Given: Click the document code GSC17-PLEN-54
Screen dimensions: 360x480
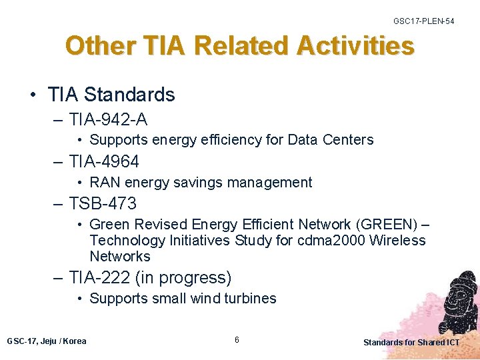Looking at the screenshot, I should (x=423, y=21).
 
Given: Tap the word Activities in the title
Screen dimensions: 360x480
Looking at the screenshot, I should (x=355, y=46).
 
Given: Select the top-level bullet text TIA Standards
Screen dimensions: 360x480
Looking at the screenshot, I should (x=111, y=95).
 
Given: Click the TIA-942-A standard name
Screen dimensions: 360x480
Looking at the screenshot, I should (x=108, y=119).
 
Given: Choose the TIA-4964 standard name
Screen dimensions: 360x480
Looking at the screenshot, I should (x=104, y=161).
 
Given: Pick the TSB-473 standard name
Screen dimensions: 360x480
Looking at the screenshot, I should (x=103, y=203).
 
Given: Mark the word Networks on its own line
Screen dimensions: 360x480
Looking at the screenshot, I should (x=120, y=257).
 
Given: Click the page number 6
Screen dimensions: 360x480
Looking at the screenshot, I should (x=237, y=341).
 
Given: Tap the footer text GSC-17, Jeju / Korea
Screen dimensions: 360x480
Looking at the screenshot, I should (x=47, y=341).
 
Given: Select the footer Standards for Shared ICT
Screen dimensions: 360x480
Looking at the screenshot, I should (x=411, y=343).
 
